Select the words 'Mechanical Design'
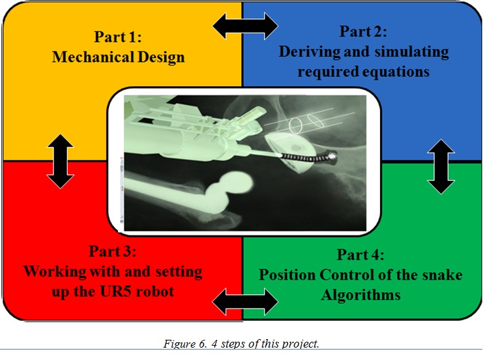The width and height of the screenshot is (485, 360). pos(118,57)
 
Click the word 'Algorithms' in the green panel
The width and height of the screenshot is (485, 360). pos(360,295)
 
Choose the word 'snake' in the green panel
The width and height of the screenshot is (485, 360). pos(437,275)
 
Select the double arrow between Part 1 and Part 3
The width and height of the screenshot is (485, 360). pos(60,160)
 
